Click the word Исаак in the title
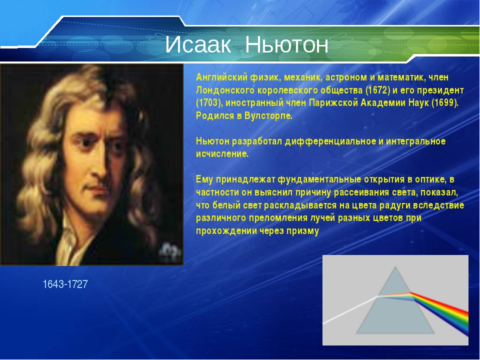click(198, 44)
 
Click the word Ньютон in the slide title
click(287, 44)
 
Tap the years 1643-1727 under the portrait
click(65, 284)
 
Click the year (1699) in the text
click(445, 103)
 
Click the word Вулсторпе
click(268, 116)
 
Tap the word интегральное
click(415, 141)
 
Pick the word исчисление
click(222, 154)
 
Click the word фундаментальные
click(319, 179)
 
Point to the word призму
click(303, 231)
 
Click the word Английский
click(221, 77)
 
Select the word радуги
click(395, 205)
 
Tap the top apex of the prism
click(395, 267)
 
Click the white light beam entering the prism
click(350, 310)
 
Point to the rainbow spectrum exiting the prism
click(439, 312)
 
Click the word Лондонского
click(225, 90)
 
